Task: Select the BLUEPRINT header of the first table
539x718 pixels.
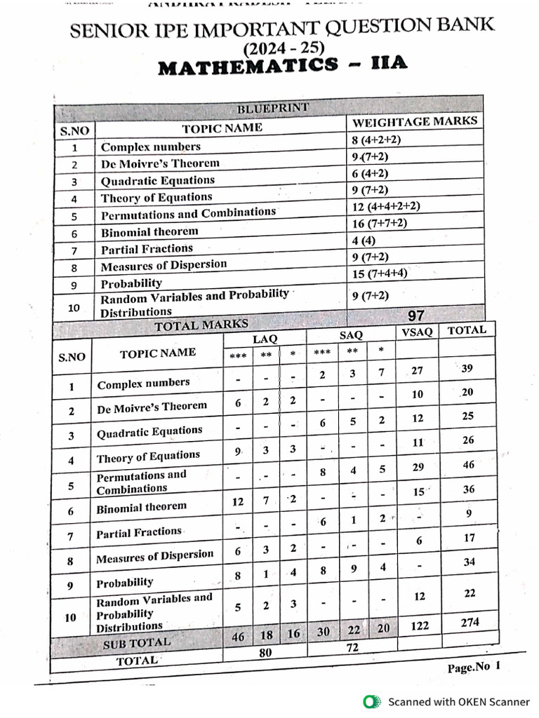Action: tap(272, 109)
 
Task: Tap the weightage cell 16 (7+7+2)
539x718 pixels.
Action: tap(380, 223)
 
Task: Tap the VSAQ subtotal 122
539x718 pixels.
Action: tap(419, 625)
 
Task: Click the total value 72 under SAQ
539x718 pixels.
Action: tap(352, 649)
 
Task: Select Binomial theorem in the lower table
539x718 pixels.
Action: tap(142, 507)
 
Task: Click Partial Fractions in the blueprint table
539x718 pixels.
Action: tap(146, 249)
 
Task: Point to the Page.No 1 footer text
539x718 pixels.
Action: tap(474, 668)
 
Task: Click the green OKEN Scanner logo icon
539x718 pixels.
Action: tap(370, 701)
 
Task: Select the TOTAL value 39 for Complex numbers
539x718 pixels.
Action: tap(468, 369)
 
